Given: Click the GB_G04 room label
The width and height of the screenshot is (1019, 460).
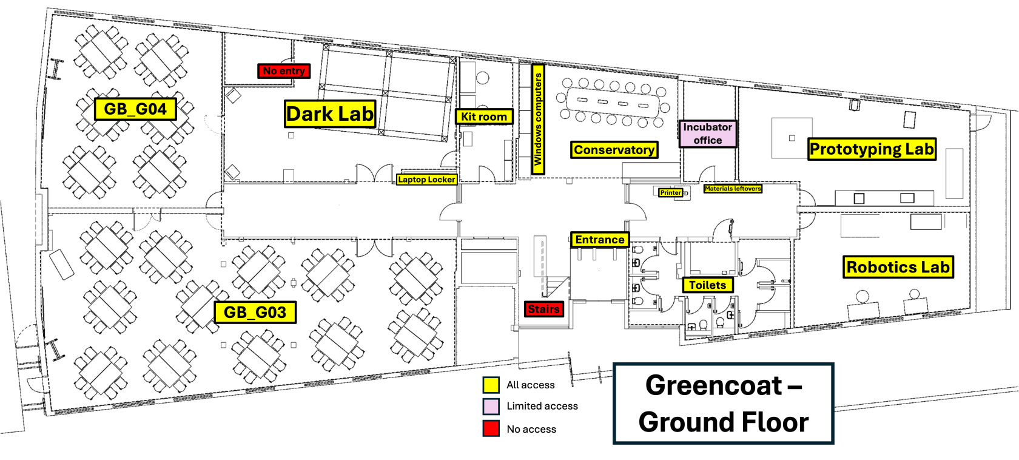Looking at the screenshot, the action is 135,109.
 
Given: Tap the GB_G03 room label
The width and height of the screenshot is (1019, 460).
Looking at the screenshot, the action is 255,312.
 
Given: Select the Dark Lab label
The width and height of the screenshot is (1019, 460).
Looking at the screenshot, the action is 330,113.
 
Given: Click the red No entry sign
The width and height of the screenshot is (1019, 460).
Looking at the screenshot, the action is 284,71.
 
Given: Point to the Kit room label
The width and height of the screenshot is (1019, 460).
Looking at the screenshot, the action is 484,117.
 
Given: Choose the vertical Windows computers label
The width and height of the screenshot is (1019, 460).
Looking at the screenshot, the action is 538,120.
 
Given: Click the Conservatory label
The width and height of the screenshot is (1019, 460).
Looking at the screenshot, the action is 614,150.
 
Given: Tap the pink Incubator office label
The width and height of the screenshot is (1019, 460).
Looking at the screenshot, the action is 707,134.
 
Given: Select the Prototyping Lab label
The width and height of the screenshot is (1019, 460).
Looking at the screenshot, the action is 872,149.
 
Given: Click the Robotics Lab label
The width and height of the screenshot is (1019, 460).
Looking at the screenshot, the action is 898,267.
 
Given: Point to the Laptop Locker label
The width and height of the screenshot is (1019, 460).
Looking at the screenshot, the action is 427,180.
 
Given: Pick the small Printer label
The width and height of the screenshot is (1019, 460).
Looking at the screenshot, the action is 671,193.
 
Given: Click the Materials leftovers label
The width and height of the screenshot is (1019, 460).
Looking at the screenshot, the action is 733,188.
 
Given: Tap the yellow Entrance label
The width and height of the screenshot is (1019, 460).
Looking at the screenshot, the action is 600,240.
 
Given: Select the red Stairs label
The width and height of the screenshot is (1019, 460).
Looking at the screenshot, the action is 543,309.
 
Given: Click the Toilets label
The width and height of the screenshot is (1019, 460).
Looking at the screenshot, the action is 708,285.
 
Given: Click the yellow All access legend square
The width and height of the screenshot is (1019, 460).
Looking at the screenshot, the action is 491,385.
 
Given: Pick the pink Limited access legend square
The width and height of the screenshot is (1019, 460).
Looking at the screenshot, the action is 491,407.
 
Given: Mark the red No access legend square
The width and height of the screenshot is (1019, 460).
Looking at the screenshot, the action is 491,428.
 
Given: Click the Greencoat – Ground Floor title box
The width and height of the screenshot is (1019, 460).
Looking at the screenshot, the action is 723,404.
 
